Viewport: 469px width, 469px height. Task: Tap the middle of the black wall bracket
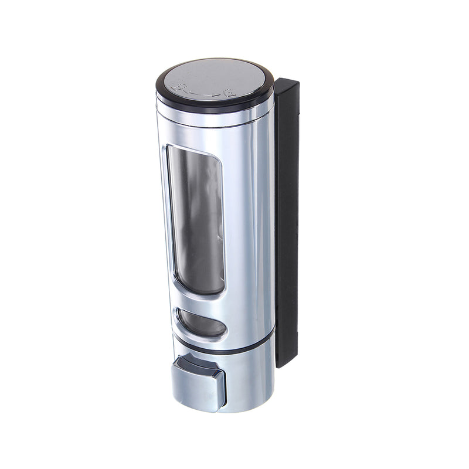pos(287,223)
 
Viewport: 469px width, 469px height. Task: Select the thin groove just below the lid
pos(215,111)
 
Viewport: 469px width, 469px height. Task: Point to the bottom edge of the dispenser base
pos(223,410)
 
